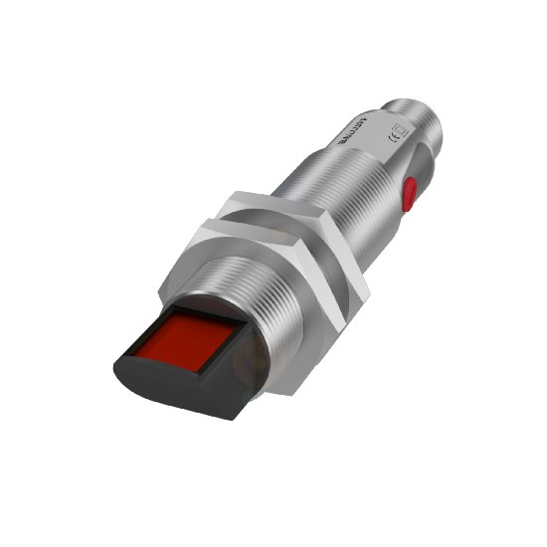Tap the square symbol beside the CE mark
[401, 129]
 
